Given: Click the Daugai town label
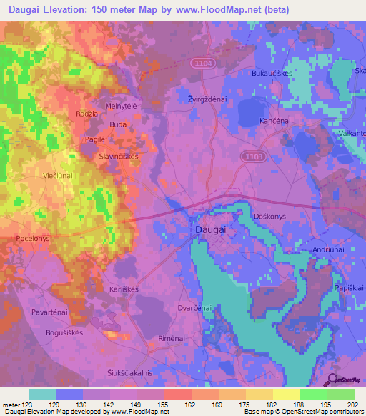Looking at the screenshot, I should pos(210,231).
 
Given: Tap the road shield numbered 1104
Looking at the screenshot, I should pos(202,64).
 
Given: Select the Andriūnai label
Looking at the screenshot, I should pos(330,249).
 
